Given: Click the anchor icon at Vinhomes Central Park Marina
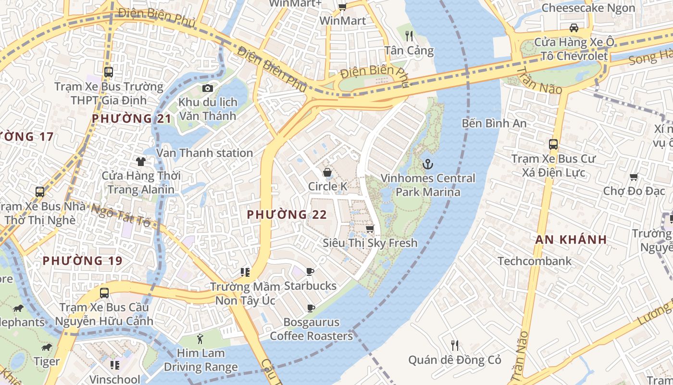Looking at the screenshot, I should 427,164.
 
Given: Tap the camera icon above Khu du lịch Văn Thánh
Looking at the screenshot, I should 208,88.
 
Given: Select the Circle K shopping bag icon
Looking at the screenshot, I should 327,172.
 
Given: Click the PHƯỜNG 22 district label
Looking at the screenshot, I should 287,215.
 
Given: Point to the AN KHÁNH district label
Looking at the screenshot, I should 571,239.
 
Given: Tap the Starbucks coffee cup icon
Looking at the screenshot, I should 310,272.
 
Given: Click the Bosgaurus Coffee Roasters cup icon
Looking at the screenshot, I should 311,308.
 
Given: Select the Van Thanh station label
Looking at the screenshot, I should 205,153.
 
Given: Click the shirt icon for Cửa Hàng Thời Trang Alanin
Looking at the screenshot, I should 140,161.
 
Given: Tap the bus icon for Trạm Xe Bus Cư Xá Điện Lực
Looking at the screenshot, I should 553,144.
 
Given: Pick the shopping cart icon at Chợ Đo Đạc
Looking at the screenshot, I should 634,177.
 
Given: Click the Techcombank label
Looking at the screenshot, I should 535,261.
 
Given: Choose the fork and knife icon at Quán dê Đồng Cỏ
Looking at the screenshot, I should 455,345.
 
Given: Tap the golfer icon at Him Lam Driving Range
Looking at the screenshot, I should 200,339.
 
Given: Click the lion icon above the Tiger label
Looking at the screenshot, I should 47,347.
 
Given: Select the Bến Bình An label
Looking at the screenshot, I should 494,123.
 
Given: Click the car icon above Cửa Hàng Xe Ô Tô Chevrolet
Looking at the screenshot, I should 573,27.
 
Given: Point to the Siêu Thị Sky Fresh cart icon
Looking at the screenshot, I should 370,229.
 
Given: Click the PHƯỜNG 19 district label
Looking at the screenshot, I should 82,261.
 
